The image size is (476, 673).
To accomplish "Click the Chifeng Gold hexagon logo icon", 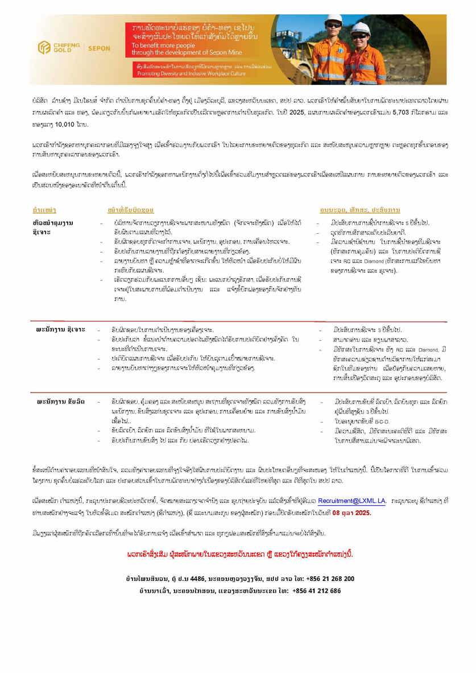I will point(44,48).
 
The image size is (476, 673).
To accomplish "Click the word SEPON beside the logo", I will point(100,48).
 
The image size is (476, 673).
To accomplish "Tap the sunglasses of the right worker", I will point(359,35).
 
